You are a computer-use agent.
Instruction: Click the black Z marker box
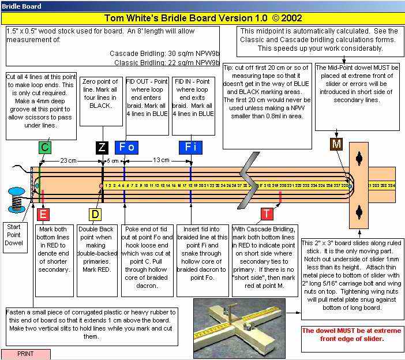pyautogui.click(x=102, y=147)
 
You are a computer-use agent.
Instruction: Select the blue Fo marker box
pyautogui.click(x=126, y=147)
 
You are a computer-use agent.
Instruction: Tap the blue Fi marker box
pyautogui.click(x=190, y=147)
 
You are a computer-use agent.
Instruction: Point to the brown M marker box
pyautogui.click(x=335, y=144)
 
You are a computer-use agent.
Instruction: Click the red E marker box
pyautogui.click(x=43, y=215)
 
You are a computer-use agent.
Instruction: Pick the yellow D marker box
pyautogui.click(x=95, y=215)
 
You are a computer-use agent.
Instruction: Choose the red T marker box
pyautogui.click(x=266, y=214)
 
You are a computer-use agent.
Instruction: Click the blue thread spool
pyautogui.click(x=17, y=199)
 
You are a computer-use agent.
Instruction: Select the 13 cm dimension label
pyautogui.click(x=161, y=160)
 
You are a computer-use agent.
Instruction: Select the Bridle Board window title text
pyautogui.click(x=21, y=6)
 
